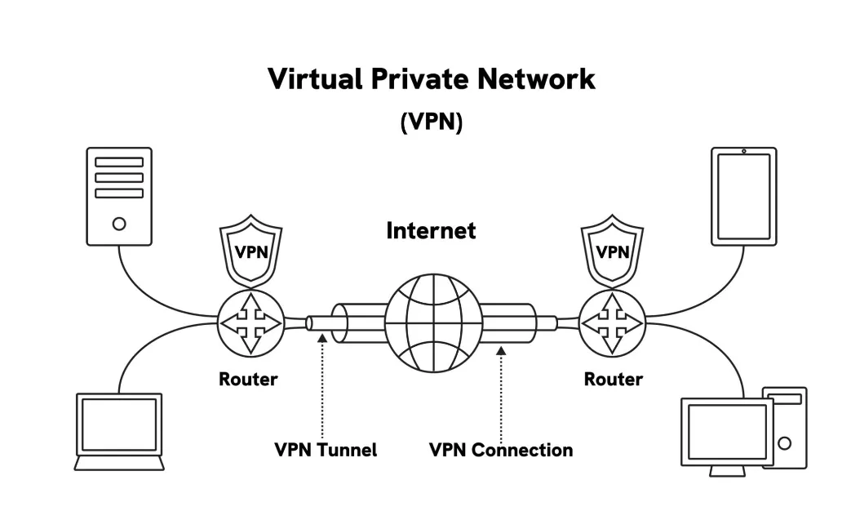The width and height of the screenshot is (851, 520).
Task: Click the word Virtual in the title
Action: (x=313, y=79)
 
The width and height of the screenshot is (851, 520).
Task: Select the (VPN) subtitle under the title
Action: (x=431, y=122)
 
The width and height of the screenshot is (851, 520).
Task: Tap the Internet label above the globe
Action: (x=430, y=231)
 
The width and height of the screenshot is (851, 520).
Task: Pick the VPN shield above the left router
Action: (x=251, y=251)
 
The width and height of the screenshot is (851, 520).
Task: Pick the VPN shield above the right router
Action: (x=612, y=251)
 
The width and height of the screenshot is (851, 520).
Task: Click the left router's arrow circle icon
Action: (x=251, y=324)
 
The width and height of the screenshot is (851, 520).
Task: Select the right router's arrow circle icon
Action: (x=612, y=324)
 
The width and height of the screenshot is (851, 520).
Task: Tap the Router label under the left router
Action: (x=248, y=380)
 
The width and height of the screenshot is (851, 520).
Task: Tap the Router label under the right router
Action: (x=613, y=380)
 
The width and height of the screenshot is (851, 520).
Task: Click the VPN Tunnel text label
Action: (x=325, y=450)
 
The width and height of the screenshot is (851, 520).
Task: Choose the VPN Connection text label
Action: (x=500, y=450)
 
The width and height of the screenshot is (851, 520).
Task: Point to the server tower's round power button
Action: (x=119, y=223)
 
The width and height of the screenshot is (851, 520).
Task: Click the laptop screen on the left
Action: (x=119, y=424)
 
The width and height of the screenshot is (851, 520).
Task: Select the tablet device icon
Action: (x=743, y=196)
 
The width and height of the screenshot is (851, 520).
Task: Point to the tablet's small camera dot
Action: (x=744, y=151)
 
